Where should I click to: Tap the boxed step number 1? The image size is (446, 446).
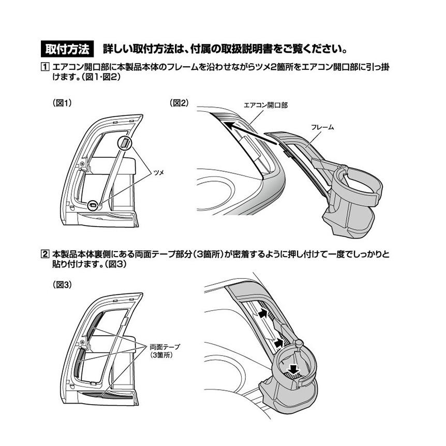click(45, 67)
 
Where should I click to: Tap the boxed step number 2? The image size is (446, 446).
click(45, 254)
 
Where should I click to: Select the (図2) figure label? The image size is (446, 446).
click(180, 103)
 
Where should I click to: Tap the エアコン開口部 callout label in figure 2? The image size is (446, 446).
click(265, 105)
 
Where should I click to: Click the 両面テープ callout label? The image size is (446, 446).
click(164, 346)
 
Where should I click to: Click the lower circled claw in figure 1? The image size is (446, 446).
click(94, 204)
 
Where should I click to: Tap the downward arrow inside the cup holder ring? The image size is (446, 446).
click(293, 369)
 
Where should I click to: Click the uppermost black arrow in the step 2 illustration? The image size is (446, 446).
click(263, 313)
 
